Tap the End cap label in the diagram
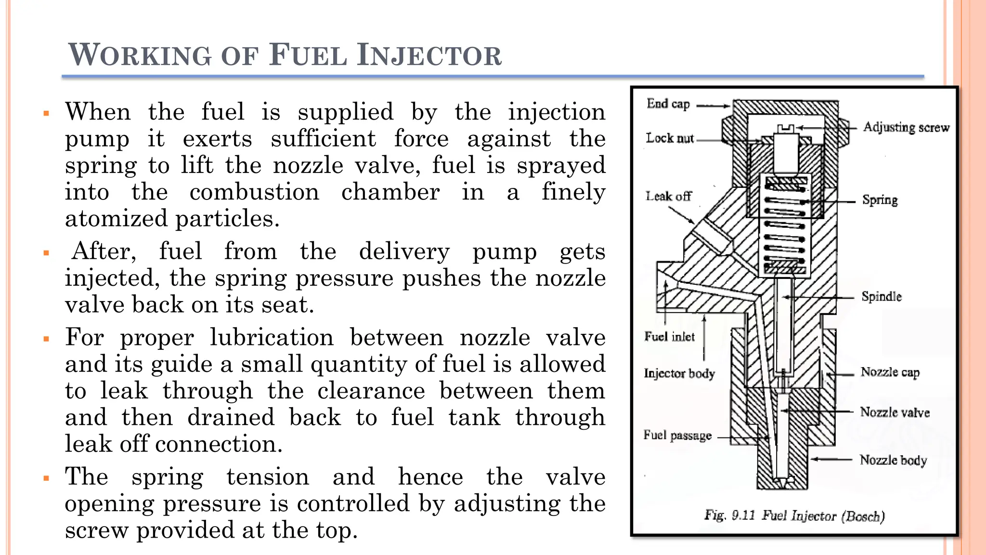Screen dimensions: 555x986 coord(668,104)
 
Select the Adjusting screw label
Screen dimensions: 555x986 coord(906,127)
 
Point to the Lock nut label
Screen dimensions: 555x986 coord(670,138)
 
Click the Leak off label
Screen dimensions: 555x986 coord(668,196)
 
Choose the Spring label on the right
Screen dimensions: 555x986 coord(880,200)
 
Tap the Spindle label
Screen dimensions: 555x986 coord(881,296)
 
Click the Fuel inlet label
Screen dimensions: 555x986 coord(669,336)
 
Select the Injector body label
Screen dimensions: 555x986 coord(679,373)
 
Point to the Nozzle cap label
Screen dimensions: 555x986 coord(890,372)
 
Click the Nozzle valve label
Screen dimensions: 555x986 coord(895,412)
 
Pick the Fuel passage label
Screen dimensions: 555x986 coord(677,436)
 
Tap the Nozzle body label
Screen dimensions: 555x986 coord(893,460)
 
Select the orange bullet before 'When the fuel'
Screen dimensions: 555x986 coord(47,114)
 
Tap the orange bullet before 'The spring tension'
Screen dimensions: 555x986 coord(47,478)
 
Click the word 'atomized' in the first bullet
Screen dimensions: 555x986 coord(117,219)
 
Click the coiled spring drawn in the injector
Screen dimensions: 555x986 coord(785,226)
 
